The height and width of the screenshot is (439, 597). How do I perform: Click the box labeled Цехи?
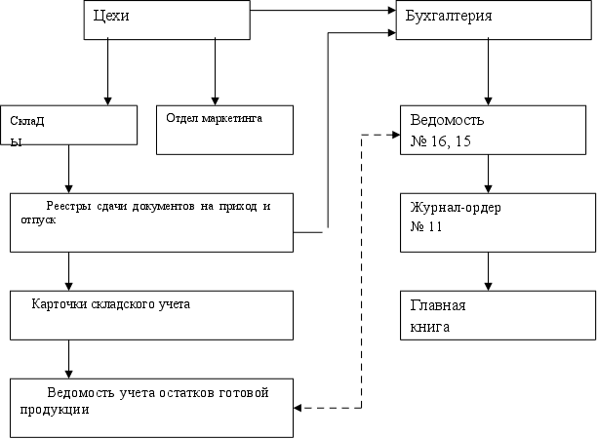(165, 20)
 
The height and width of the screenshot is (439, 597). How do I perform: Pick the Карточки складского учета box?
(151, 314)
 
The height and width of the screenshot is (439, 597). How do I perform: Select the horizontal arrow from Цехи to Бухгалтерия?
(322, 12)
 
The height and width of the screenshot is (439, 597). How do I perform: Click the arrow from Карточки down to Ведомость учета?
(68, 358)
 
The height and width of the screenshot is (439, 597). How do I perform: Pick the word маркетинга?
(235, 118)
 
